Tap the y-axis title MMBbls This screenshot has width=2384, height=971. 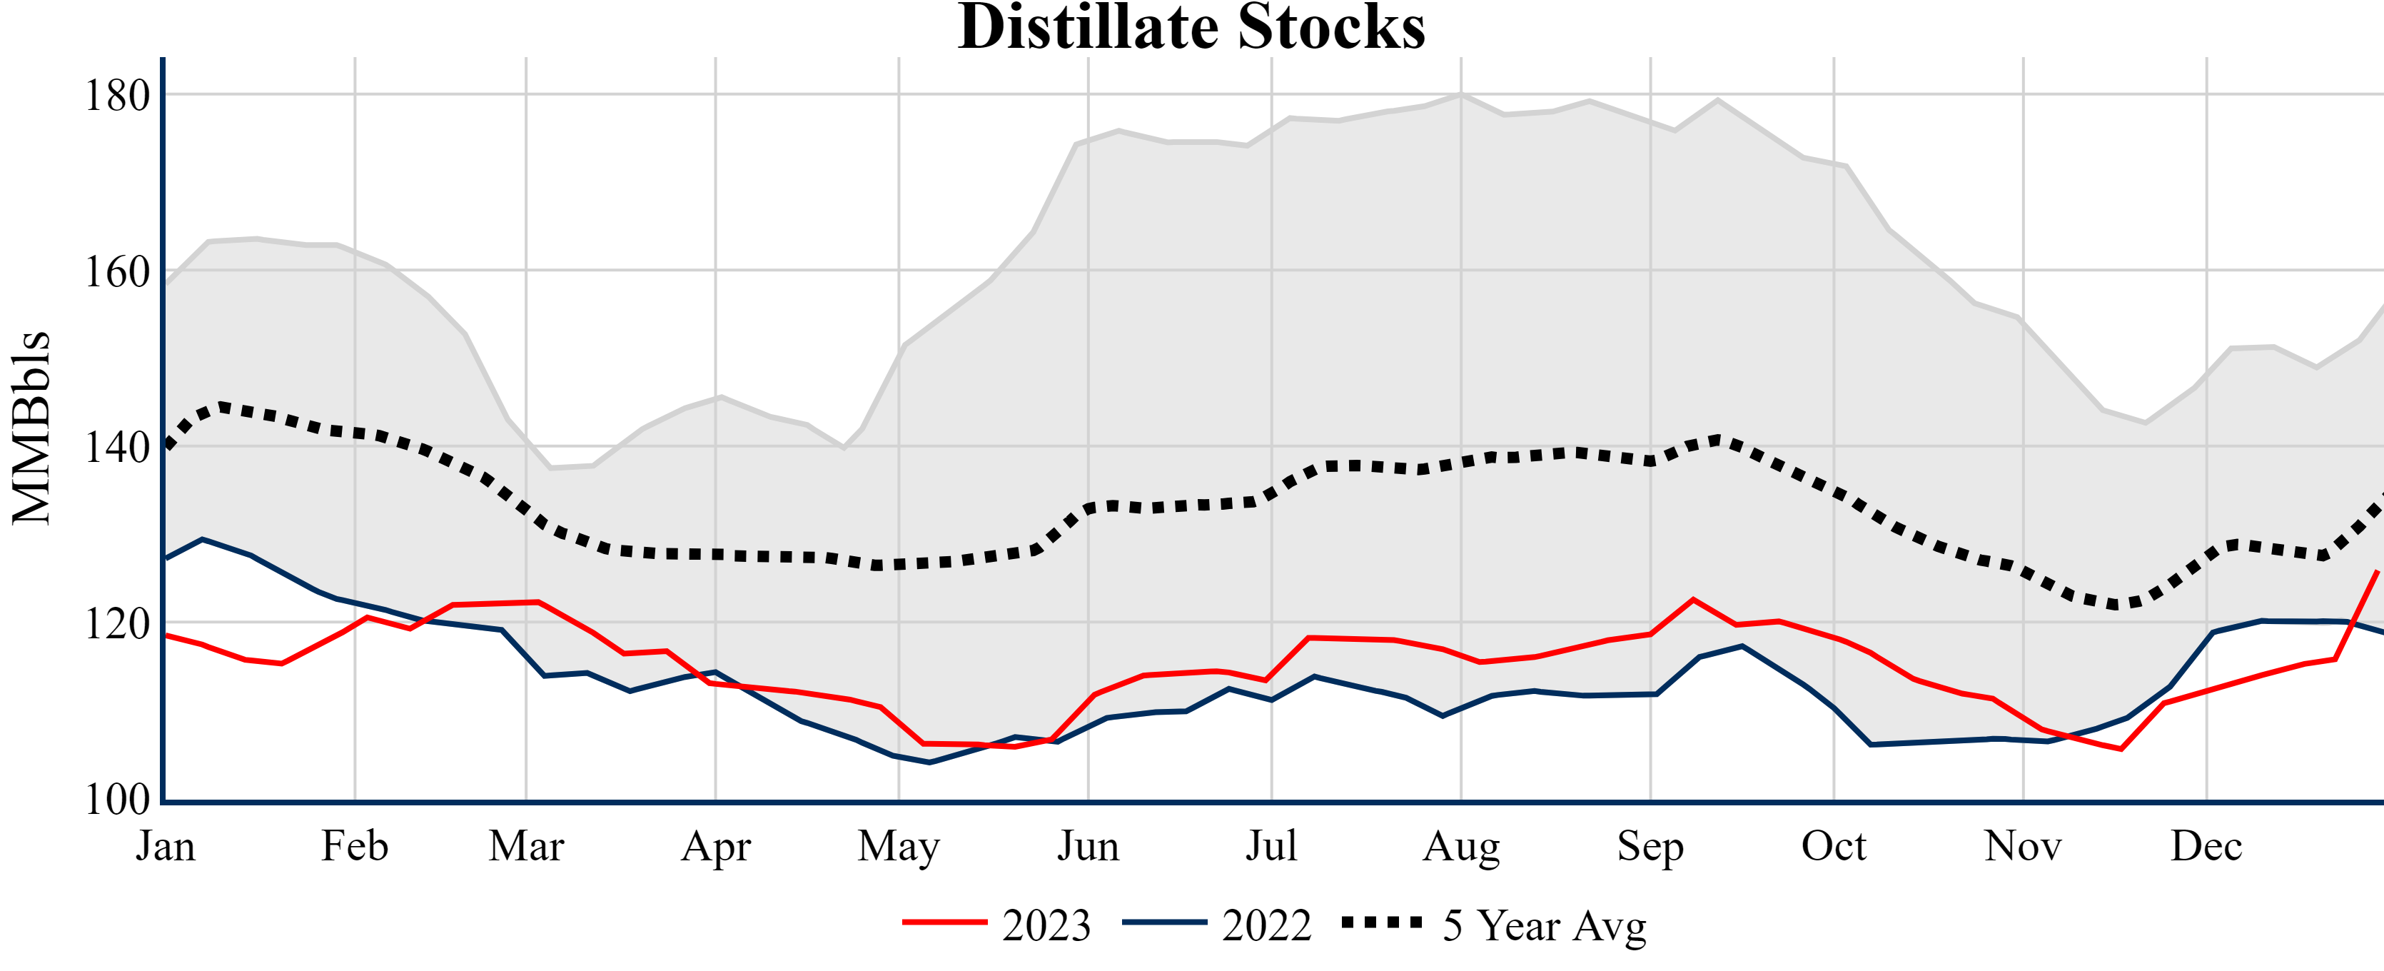click(31, 428)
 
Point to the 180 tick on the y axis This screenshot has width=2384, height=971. click(118, 96)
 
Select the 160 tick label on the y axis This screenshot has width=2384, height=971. click(118, 272)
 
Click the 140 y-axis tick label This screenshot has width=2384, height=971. click(118, 448)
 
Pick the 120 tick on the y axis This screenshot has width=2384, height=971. click(118, 624)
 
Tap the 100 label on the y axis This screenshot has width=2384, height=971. click(118, 799)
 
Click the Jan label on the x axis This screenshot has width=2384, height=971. click(166, 846)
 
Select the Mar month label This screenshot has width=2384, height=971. click(527, 846)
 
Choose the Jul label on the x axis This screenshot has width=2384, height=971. click(1272, 846)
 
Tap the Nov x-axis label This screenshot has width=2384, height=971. click(2023, 846)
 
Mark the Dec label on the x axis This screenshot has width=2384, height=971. click(2206, 846)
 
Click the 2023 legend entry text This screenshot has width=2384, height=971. click(1046, 925)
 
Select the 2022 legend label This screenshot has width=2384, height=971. click(1266, 925)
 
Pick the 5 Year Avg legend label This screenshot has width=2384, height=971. click(1545, 925)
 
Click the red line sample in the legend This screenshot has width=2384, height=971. click(945, 922)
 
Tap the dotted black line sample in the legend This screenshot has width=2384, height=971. click(1383, 922)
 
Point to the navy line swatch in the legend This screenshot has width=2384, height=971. click(1164, 922)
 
